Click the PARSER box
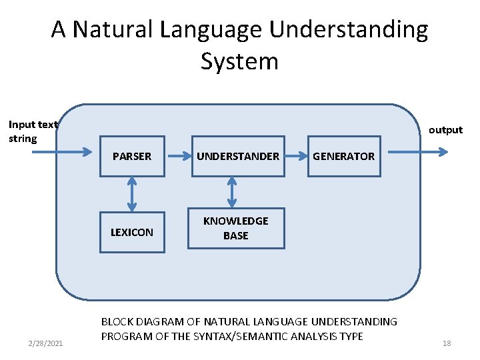coord(132,156)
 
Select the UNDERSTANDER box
coord(237,156)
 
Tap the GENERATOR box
coord(344,156)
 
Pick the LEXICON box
coord(132,232)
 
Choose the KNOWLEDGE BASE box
coord(236,228)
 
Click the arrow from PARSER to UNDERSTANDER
coord(178,156)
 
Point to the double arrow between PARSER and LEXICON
coord(132,194)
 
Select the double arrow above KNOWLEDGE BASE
coord(232,192)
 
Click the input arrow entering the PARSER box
coord(63,153)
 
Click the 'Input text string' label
coord(32,131)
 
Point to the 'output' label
coord(445,130)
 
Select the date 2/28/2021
coord(46,343)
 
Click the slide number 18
coord(447,343)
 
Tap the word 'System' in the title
coord(239,61)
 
